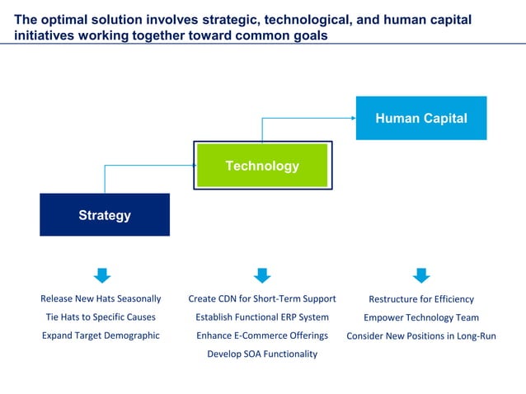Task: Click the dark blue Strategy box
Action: click(105, 214)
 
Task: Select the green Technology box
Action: click(262, 166)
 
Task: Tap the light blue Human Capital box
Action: click(420, 118)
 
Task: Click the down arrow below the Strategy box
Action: click(101, 275)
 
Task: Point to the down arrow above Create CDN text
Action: click(262, 275)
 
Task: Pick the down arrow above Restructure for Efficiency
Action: click(420, 275)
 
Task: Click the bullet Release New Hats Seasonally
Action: click(101, 298)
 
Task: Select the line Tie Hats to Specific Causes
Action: click(101, 317)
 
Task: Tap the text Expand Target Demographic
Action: click(101, 335)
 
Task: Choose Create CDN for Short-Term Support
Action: click(262, 298)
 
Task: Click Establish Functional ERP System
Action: click(262, 317)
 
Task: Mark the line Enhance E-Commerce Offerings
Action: click(262, 335)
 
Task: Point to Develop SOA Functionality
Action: click(262, 354)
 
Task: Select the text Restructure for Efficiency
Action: click(420, 299)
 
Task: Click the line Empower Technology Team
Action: click(420, 317)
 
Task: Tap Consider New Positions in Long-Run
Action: click(420, 335)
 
